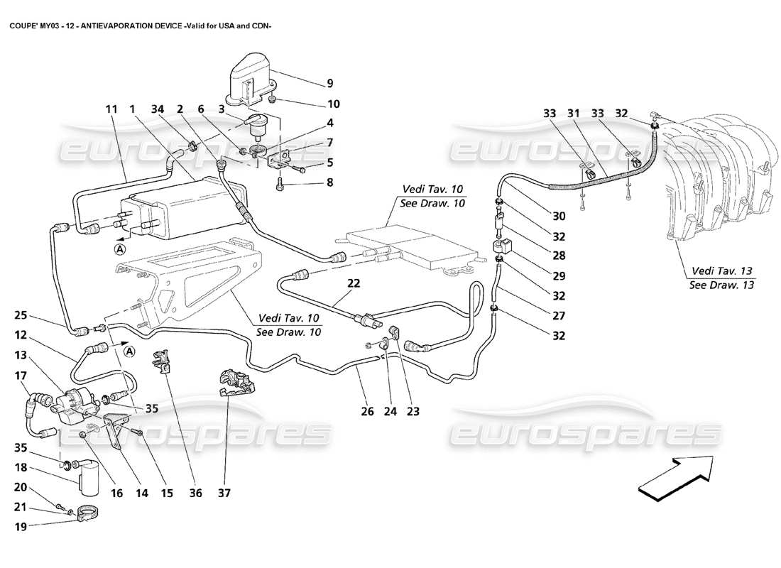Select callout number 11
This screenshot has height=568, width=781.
click(111, 109)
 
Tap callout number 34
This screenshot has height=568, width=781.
click(158, 109)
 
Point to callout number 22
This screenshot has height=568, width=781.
click(354, 283)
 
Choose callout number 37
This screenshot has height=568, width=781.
click(225, 492)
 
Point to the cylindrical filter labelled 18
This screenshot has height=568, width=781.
click(89, 474)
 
